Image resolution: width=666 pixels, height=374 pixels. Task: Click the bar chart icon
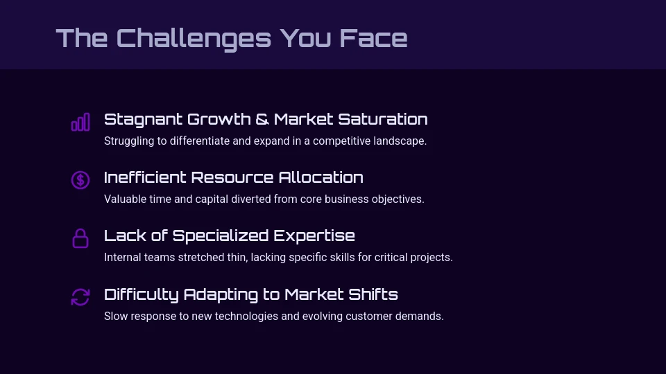80,123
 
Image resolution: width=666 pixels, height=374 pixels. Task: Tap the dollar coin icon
80,180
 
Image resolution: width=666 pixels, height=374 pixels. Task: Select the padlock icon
80,238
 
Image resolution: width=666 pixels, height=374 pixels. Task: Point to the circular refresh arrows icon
80,297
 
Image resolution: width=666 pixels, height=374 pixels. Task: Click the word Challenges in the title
194,38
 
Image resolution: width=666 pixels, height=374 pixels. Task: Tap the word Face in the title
373,38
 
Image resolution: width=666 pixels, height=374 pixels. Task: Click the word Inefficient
145,177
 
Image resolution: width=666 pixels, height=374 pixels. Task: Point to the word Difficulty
142,294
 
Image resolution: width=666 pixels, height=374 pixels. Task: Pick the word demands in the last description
420,317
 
